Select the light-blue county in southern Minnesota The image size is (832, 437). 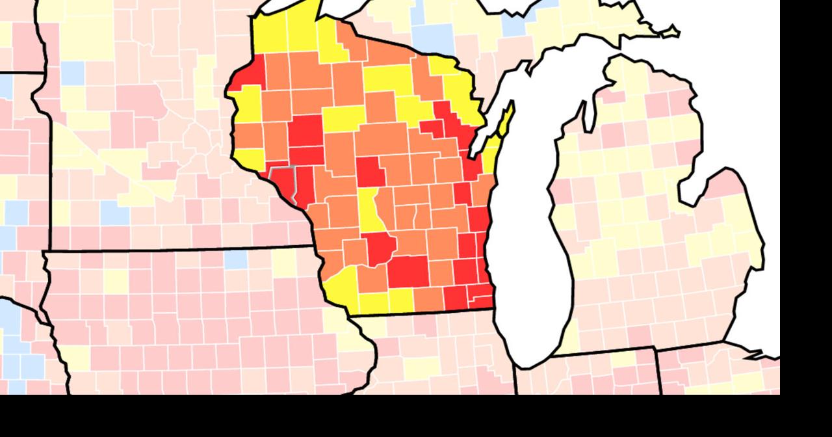tap(114, 213)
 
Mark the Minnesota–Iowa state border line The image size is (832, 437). tap(175, 249)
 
